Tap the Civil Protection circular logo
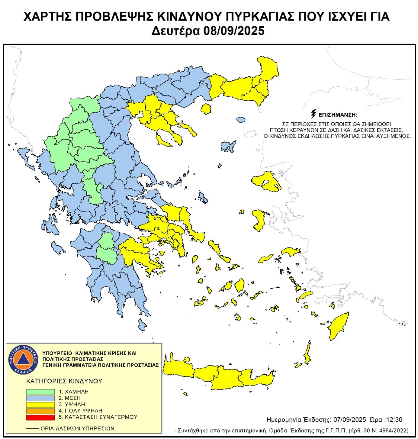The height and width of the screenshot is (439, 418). coord(23,360)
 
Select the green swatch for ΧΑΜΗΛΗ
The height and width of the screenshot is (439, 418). coord(40,392)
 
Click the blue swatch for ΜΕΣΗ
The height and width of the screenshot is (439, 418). coord(40,398)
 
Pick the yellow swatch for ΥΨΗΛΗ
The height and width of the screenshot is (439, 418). coord(40,405)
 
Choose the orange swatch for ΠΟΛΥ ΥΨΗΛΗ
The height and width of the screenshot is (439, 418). coord(40,411)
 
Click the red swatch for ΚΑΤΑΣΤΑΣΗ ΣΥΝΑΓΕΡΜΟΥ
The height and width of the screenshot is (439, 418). coord(40,417)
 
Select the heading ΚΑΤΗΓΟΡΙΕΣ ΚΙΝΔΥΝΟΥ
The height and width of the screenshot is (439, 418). coord(64,381)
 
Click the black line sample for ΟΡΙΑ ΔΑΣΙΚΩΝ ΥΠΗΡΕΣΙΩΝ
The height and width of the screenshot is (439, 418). coord(32,428)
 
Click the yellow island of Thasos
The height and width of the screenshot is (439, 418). coord(206,109)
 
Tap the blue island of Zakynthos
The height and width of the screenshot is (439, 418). coord(57,248)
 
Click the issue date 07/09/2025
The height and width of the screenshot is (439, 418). coord(349,420)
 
